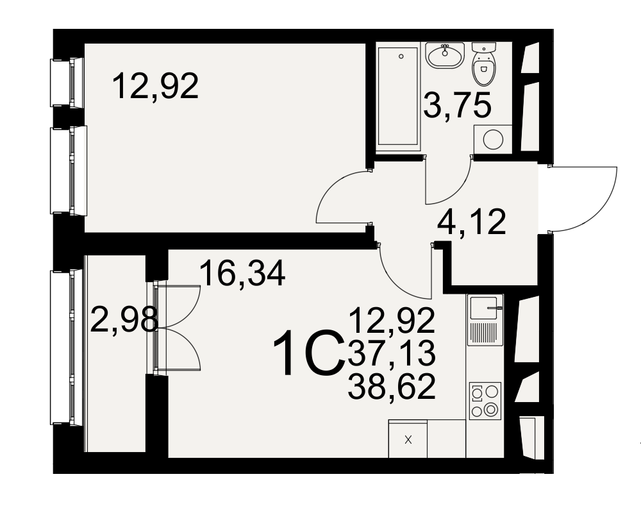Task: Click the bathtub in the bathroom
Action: (x=399, y=96)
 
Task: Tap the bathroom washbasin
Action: (x=444, y=55)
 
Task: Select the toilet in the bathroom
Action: (x=484, y=64)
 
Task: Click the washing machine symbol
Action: (x=492, y=140)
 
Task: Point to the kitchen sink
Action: (x=485, y=308)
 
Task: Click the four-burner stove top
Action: (x=485, y=401)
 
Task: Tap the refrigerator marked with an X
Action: (x=408, y=439)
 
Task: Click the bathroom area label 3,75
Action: (x=456, y=105)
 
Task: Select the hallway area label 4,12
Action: (x=471, y=222)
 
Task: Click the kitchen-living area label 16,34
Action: (x=242, y=274)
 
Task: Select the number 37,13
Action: (x=391, y=353)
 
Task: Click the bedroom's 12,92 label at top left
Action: (x=155, y=86)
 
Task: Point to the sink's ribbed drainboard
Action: (x=485, y=333)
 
